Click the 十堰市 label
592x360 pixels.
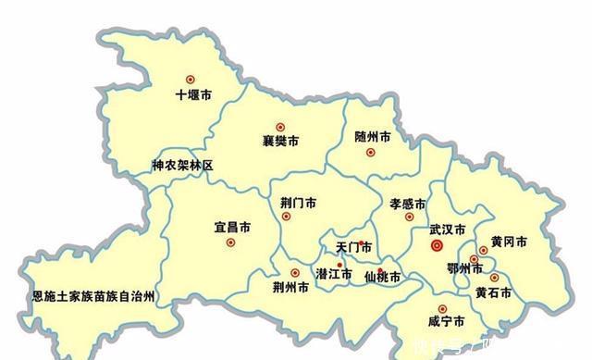193,94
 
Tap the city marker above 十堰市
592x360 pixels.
191,79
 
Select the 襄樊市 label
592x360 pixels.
281,143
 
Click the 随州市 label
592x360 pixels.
372,136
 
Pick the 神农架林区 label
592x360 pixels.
182,166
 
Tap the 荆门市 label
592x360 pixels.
298,202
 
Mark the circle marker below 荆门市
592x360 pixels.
286,217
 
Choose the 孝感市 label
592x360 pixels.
406,204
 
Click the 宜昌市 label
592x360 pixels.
231,228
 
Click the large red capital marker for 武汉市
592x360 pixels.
438,245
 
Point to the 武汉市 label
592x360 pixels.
447,228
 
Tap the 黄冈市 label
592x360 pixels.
509,242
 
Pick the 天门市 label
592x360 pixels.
352,247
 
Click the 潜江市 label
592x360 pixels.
334,274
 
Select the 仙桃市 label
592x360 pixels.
382,277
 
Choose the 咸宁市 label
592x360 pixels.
446,322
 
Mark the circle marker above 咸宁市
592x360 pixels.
442,308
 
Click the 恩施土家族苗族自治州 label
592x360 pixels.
92,296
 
